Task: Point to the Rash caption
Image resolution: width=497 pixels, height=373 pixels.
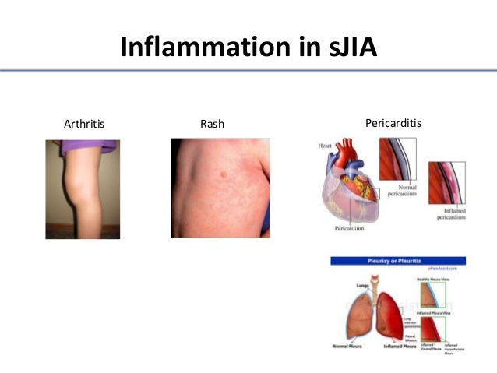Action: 212,123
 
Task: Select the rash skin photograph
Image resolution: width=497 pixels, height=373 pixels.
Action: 220,188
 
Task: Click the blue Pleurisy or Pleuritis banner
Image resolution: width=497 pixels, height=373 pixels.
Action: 398,261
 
